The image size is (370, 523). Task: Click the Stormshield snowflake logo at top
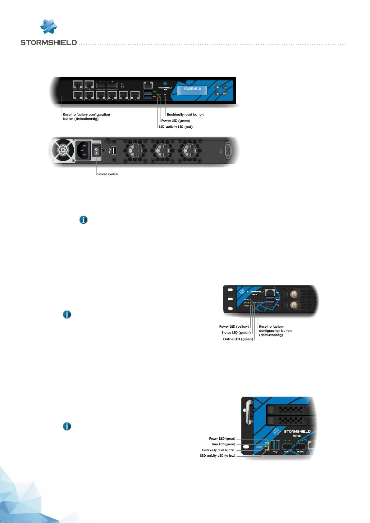(49, 27)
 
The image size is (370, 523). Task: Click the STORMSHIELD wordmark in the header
(48, 43)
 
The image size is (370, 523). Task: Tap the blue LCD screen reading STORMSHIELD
(192, 89)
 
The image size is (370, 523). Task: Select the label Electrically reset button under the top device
(185, 115)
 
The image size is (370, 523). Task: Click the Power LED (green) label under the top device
(176, 121)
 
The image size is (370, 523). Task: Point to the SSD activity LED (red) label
(176, 127)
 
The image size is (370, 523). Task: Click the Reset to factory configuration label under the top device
(86, 116)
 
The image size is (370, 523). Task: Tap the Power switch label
(107, 174)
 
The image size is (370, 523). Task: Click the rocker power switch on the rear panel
(96, 151)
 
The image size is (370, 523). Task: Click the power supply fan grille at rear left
(63, 151)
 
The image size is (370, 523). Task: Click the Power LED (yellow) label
(234, 327)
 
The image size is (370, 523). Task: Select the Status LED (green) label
(236, 333)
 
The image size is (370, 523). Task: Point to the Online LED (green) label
(238, 339)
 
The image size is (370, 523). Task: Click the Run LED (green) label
(223, 444)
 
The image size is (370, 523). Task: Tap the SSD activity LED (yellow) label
(217, 456)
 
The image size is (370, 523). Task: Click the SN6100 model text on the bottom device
(297, 436)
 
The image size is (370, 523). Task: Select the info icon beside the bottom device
(67, 426)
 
